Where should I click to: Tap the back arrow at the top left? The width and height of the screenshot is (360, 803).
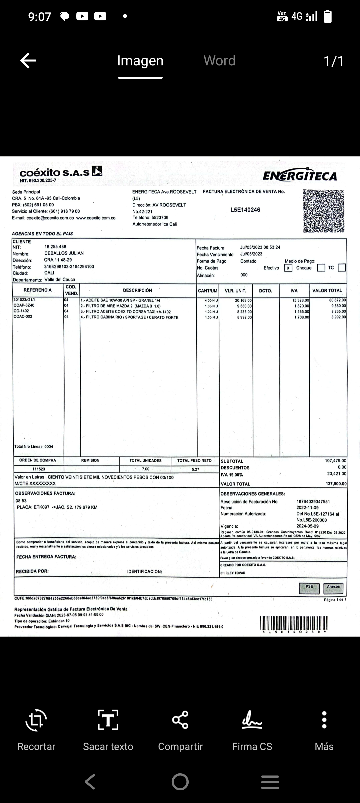28,61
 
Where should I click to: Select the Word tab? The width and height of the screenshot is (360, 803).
219,61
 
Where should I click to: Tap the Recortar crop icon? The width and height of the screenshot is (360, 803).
36,720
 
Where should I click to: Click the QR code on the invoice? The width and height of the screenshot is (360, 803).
324,211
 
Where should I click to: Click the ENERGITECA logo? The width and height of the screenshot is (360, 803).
300,176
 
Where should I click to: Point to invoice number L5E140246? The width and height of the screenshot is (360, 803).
245,210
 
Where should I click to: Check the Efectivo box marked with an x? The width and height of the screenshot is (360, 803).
288,268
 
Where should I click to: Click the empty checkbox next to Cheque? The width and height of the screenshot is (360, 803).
321,268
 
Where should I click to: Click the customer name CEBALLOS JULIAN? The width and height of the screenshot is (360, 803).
64,253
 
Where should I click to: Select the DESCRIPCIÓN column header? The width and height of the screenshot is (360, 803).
137,290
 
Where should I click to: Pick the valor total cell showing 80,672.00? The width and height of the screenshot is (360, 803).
337,300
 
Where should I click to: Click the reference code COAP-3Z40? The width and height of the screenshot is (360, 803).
24,305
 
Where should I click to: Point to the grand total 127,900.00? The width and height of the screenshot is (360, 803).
336,484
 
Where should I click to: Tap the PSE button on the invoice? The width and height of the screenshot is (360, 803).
309,588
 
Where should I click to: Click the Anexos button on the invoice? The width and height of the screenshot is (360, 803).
333,588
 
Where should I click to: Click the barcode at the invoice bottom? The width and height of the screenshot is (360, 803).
294,623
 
